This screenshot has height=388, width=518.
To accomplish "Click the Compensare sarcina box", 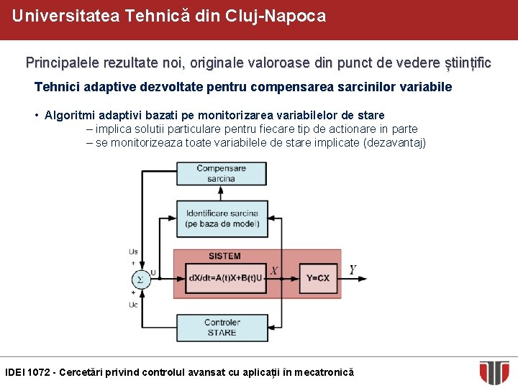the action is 222,173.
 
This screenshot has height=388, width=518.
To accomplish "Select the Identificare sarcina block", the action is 222,218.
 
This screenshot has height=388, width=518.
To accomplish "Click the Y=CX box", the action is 317,278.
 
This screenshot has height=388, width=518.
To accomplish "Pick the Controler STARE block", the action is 222,328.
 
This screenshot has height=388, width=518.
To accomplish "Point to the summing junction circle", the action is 141,280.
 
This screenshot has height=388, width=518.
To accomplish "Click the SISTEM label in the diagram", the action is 224,257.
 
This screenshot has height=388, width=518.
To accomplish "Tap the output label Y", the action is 353,270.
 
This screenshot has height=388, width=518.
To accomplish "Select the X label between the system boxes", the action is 274,271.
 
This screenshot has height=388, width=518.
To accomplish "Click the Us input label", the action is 133,251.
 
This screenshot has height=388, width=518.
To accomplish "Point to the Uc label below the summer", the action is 133,305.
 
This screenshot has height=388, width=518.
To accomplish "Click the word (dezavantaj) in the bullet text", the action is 395,143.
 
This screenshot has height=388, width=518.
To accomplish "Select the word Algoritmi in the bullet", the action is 68,115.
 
